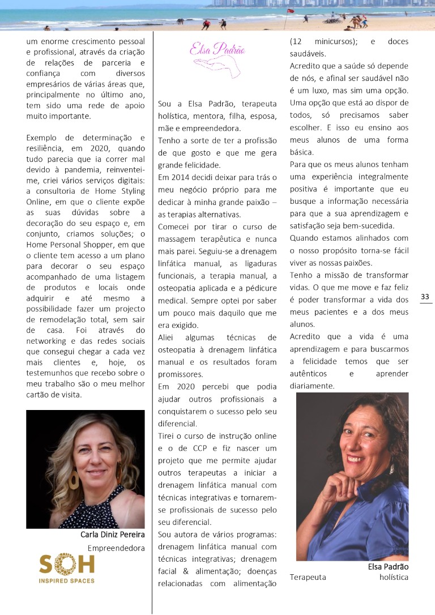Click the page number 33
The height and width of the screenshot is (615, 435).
(x=425, y=297)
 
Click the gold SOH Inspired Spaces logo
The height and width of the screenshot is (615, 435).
(x=67, y=568)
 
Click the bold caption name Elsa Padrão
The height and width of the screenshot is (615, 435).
(x=388, y=566)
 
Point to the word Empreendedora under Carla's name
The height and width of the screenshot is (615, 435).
(x=116, y=548)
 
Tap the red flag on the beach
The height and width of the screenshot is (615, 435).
(x=291, y=11)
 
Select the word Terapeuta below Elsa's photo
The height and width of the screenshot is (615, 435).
(x=308, y=578)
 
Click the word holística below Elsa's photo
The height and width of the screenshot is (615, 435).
(x=394, y=578)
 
